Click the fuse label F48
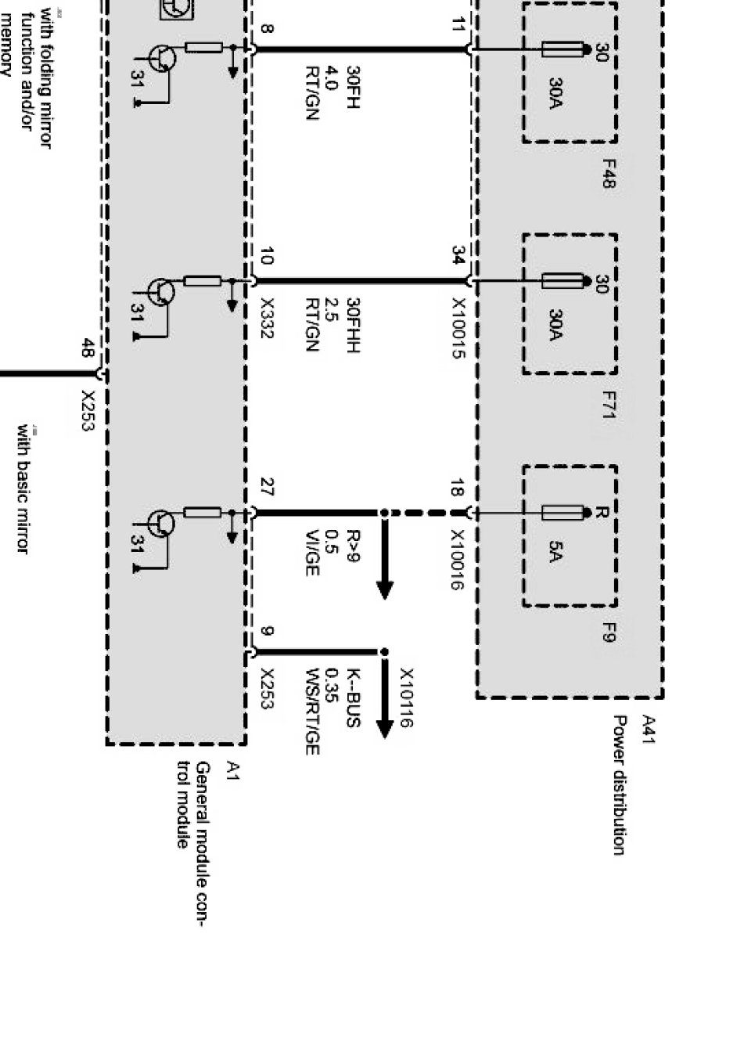tap(609, 174)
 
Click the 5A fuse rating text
tap(555, 553)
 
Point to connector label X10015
tap(459, 329)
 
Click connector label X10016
tap(459, 560)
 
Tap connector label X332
tap(267, 318)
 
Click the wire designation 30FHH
tap(353, 325)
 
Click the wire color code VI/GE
tap(312, 553)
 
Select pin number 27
tap(267, 490)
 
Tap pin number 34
tap(459, 255)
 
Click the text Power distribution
tap(620, 784)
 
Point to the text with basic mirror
tap(23, 489)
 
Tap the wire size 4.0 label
tap(331, 79)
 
